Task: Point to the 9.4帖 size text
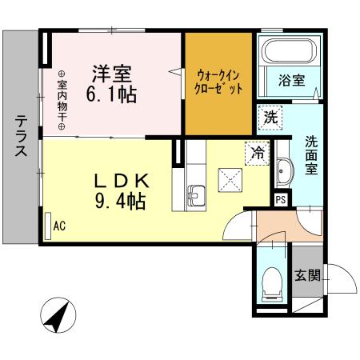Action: tap(119, 201)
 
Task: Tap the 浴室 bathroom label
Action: tap(292, 80)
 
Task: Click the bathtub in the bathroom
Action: tap(289, 54)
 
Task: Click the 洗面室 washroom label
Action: tap(310, 157)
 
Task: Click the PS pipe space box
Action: tap(281, 200)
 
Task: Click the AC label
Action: tap(59, 226)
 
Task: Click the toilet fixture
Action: tap(272, 283)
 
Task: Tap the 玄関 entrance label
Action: tap(307, 276)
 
